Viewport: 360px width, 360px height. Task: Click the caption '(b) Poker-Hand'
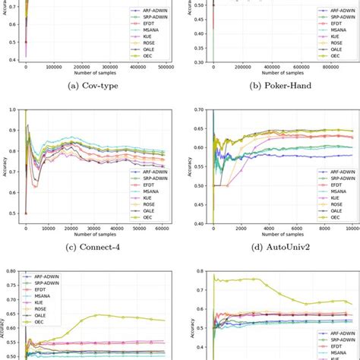tap(275, 85)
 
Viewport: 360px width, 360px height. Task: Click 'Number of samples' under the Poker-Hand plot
tap(275, 74)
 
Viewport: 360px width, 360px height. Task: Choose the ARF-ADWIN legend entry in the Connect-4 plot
tap(152, 172)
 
